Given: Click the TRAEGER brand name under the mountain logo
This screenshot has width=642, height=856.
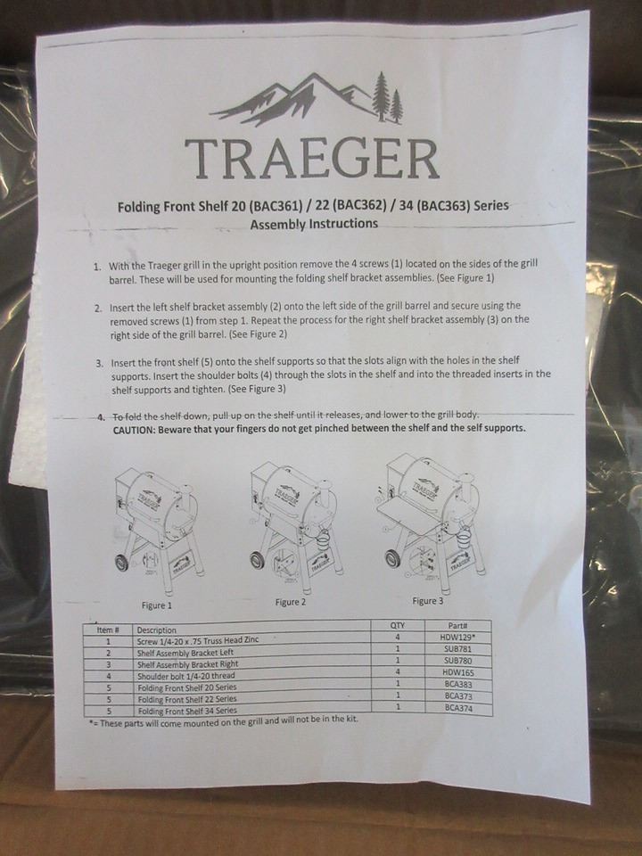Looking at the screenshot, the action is click(311, 159).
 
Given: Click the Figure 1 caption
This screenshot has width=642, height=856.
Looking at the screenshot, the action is click(157, 605).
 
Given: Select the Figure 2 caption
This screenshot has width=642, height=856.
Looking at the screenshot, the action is click(291, 602).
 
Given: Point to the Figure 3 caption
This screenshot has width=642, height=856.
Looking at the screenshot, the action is click(428, 600).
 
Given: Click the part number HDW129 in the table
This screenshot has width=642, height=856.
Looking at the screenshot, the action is click(457, 637).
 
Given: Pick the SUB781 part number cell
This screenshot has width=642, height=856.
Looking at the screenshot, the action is click(457, 649).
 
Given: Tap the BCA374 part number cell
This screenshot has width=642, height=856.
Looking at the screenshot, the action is click(458, 709).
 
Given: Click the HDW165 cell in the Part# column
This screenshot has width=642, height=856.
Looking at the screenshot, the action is click(458, 672).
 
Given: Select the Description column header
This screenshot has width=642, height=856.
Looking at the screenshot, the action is click(157, 630).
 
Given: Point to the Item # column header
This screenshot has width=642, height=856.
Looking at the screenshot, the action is click(108, 630).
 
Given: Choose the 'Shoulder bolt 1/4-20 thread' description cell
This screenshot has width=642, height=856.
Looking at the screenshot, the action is click(186, 676).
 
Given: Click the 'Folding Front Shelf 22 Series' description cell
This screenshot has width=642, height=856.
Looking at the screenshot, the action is click(187, 699).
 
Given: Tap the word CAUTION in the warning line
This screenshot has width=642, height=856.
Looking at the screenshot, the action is click(133, 430).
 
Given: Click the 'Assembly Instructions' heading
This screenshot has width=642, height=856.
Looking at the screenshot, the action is click(314, 224).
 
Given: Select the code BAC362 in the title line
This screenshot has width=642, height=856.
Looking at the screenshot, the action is click(356, 206).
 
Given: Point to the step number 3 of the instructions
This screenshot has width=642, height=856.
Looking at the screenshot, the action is click(99, 363).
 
